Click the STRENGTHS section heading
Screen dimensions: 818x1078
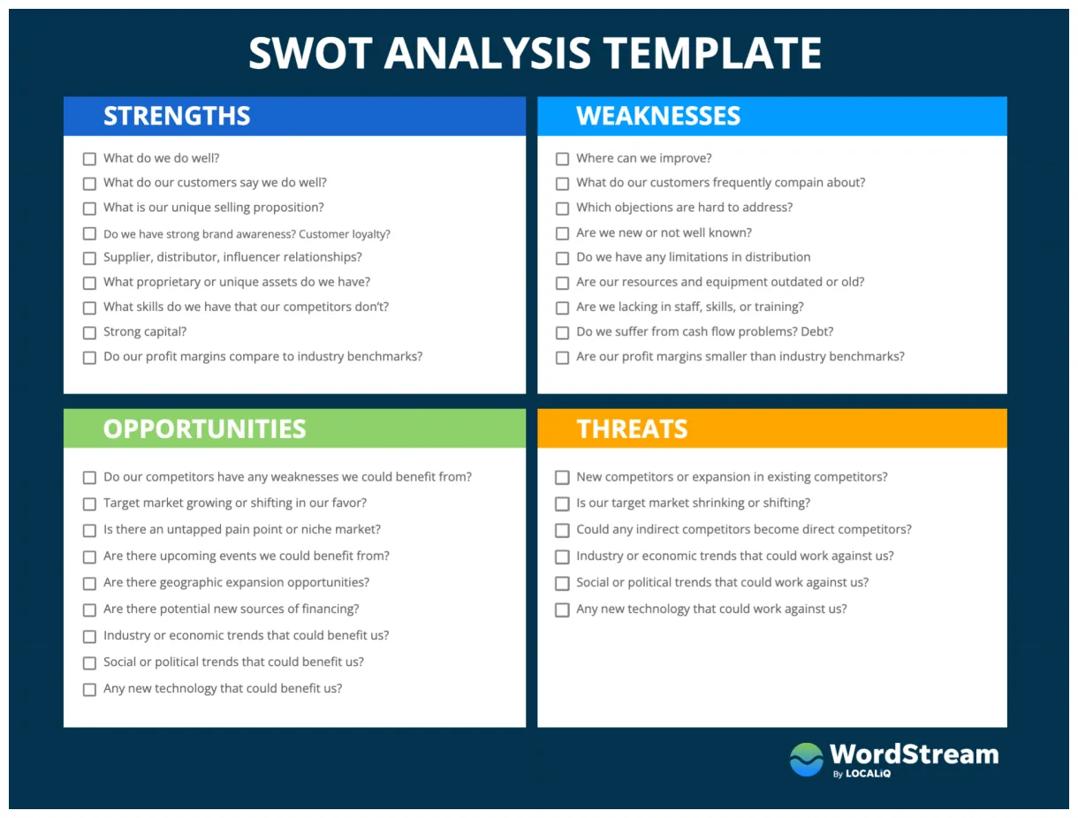[x=177, y=116]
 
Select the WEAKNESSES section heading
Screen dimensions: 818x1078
[x=658, y=116]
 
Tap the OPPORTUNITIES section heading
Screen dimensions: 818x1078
[x=204, y=428]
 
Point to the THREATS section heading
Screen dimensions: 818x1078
[x=632, y=428]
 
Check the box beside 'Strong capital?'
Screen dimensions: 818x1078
[x=89, y=333]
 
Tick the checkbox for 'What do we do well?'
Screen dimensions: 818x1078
[x=89, y=159]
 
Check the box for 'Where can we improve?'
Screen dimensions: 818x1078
[x=562, y=159]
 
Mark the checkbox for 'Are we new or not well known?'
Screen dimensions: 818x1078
[x=562, y=233]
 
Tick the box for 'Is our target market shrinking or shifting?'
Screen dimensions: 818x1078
[x=562, y=504]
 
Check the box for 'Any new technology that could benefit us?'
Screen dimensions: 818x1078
[x=89, y=689]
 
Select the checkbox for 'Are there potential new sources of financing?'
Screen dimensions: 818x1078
[x=89, y=610]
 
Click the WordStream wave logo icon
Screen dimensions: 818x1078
[x=806, y=760]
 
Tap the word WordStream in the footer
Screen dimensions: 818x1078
[x=914, y=754]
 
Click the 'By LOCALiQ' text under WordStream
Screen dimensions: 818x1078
[x=862, y=775]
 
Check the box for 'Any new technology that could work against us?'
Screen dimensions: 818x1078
[x=562, y=610]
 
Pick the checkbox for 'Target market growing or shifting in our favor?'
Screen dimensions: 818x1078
[x=89, y=504]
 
